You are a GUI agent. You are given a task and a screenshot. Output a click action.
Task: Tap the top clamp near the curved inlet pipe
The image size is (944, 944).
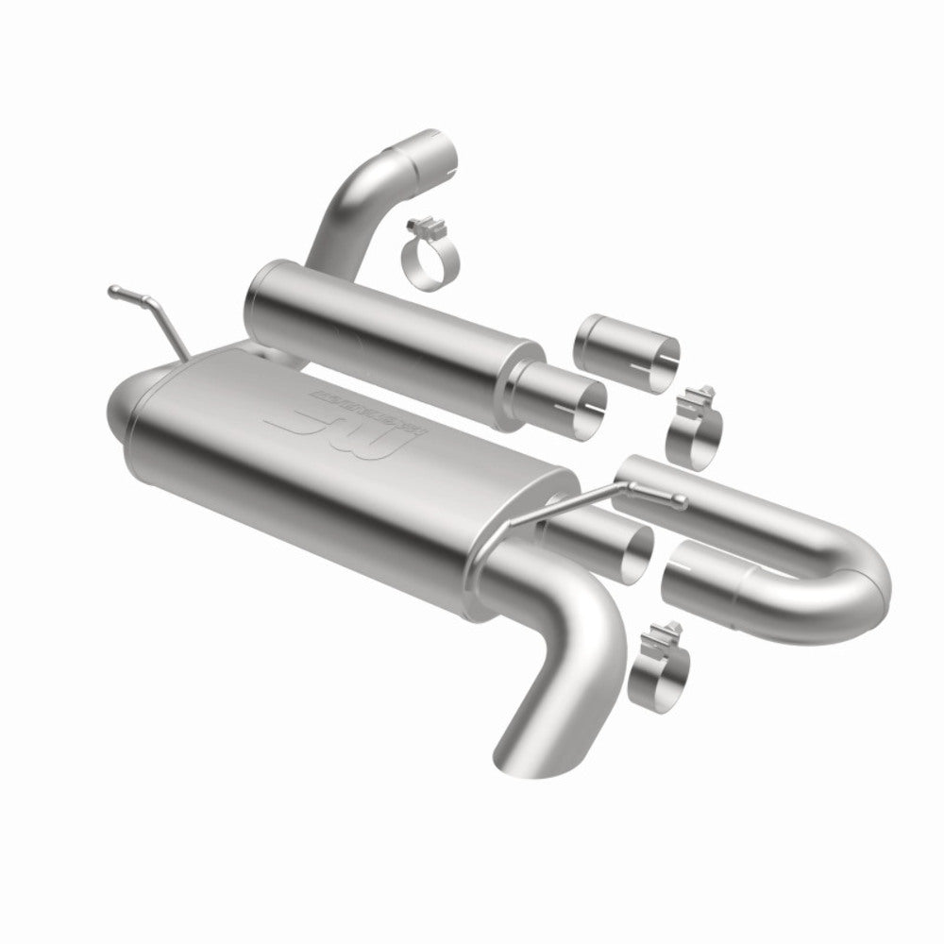point(430,255)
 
